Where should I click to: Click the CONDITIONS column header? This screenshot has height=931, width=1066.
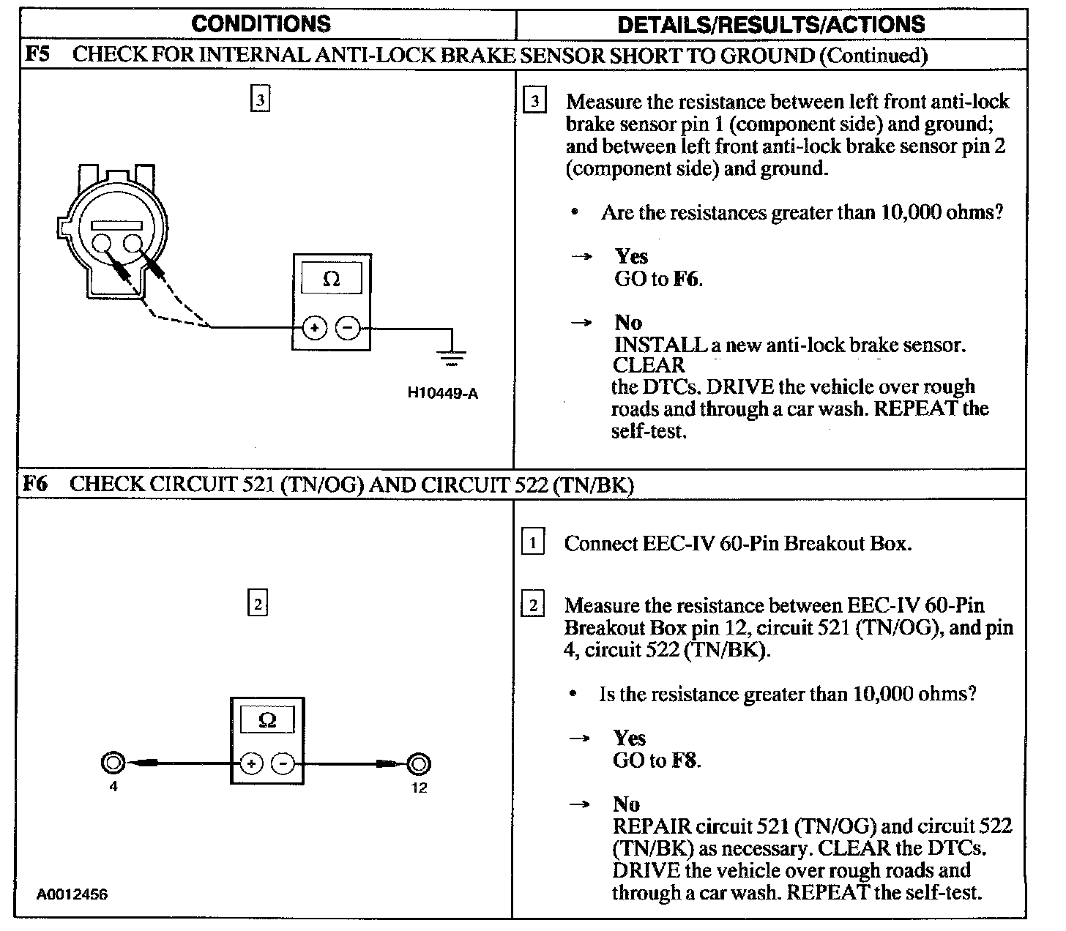pyautogui.click(x=261, y=23)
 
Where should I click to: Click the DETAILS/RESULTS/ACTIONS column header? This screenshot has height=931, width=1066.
pyautogui.click(x=771, y=24)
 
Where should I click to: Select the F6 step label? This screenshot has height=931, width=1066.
pyautogui.click(x=36, y=484)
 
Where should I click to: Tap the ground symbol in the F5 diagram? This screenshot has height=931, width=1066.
pyautogui.click(x=452, y=358)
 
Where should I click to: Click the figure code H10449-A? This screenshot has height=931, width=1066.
pyautogui.click(x=442, y=394)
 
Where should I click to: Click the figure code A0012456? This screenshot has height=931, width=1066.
pyautogui.click(x=72, y=894)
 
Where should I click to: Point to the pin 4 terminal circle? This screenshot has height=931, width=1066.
pyautogui.click(x=113, y=763)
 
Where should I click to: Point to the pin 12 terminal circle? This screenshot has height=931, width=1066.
pyautogui.click(x=419, y=764)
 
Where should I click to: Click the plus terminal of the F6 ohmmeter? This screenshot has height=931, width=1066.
pyautogui.click(x=250, y=764)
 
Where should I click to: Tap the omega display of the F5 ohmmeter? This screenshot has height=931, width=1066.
pyautogui.click(x=332, y=280)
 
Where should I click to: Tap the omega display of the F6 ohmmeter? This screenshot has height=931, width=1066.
pyautogui.click(x=267, y=720)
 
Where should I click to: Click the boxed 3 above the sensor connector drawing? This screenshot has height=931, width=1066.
pyautogui.click(x=260, y=99)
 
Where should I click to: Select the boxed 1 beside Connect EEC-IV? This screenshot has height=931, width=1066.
pyautogui.click(x=532, y=543)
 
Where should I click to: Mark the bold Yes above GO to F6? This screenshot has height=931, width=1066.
pyautogui.click(x=631, y=256)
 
